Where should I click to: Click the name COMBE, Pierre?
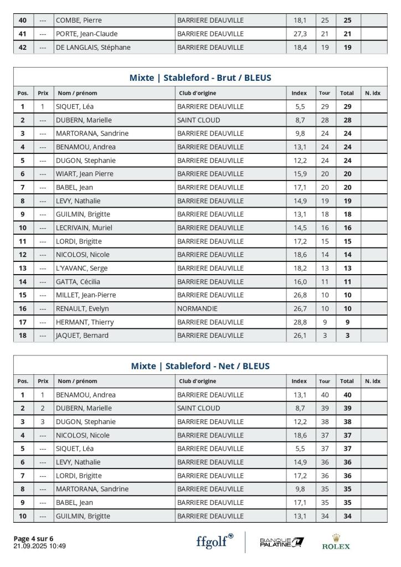(79, 20)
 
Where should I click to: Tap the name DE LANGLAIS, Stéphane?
(93, 47)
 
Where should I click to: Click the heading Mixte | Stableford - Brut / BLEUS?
(200, 78)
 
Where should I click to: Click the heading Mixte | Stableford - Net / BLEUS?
(200, 366)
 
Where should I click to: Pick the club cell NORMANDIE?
(197, 308)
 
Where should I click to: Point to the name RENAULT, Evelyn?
(82, 308)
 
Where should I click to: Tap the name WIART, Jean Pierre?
(84, 174)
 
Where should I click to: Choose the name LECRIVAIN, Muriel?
(84, 228)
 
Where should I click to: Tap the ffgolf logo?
(214, 541)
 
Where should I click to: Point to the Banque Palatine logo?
(281, 542)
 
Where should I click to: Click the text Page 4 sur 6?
(33, 538)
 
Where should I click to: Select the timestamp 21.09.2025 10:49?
(39, 546)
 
